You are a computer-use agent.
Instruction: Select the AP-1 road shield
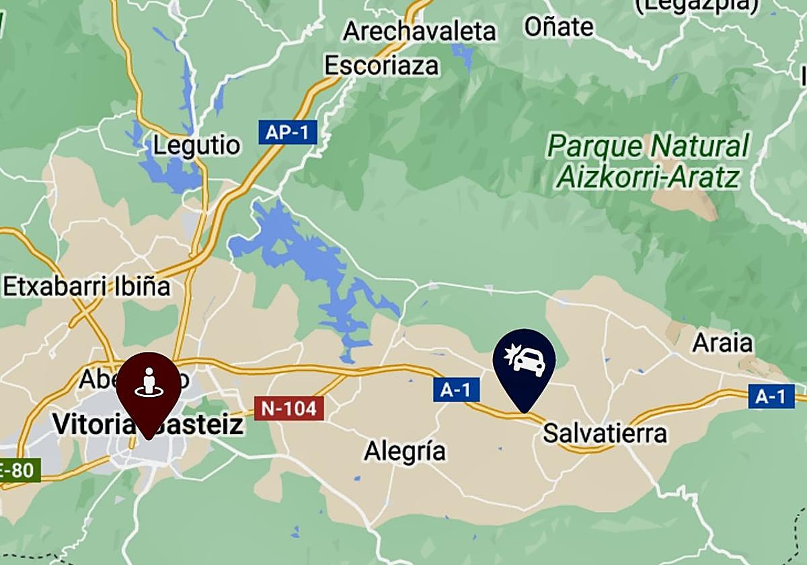click(x=287, y=133)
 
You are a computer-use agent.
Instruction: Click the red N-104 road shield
click(x=289, y=408)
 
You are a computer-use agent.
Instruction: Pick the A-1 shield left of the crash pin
click(x=456, y=389)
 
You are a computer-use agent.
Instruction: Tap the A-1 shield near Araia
click(x=771, y=396)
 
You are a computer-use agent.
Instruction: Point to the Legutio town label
click(x=196, y=146)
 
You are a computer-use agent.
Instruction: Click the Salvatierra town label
click(x=605, y=433)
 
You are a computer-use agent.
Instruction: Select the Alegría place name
click(x=405, y=451)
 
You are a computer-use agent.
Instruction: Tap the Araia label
click(x=723, y=343)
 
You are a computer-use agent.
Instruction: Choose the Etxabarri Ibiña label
click(x=87, y=287)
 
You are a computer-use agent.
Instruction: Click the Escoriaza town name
click(x=381, y=65)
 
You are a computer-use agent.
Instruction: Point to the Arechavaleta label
click(x=420, y=31)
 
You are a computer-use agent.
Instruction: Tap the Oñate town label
click(x=559, y=27)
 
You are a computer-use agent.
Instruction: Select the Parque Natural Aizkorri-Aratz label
click(x=647, y=161)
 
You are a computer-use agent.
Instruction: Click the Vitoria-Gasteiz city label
click(x=148, y=424)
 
